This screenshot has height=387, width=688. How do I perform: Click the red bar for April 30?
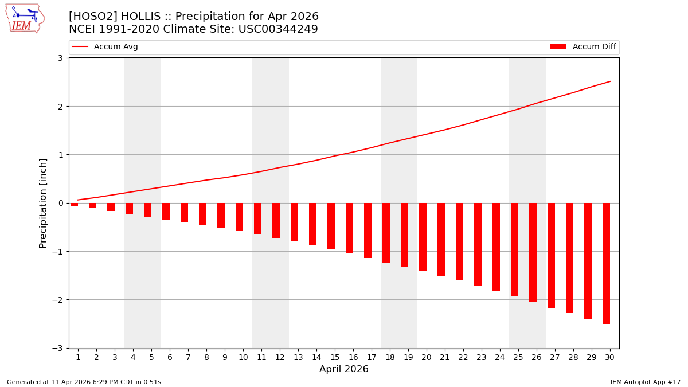point(606,263)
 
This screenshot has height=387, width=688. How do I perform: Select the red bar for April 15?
point(331,226)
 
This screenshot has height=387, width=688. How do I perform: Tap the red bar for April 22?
point(459,241)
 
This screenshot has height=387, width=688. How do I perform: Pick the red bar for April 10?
point(239,217)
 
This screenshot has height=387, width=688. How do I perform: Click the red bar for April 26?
point(533,252)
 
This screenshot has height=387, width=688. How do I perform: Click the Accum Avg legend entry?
point(105,47)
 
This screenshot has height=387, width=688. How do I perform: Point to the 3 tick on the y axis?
point(60,58)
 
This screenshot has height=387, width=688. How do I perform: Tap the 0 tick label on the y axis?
point(60,203)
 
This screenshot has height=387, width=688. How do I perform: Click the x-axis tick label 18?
point(390,357)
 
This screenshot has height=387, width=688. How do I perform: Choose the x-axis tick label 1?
point(78,357)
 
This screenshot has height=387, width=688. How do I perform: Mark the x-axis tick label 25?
point(518,357)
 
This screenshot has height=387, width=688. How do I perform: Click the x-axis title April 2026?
point(344,369)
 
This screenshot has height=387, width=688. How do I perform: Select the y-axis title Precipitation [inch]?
point(43,203)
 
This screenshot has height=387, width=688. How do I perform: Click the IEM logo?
point(25,18)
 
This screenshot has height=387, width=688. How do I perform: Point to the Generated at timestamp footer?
point(84,382)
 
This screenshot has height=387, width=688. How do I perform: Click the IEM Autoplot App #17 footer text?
point(645,382)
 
